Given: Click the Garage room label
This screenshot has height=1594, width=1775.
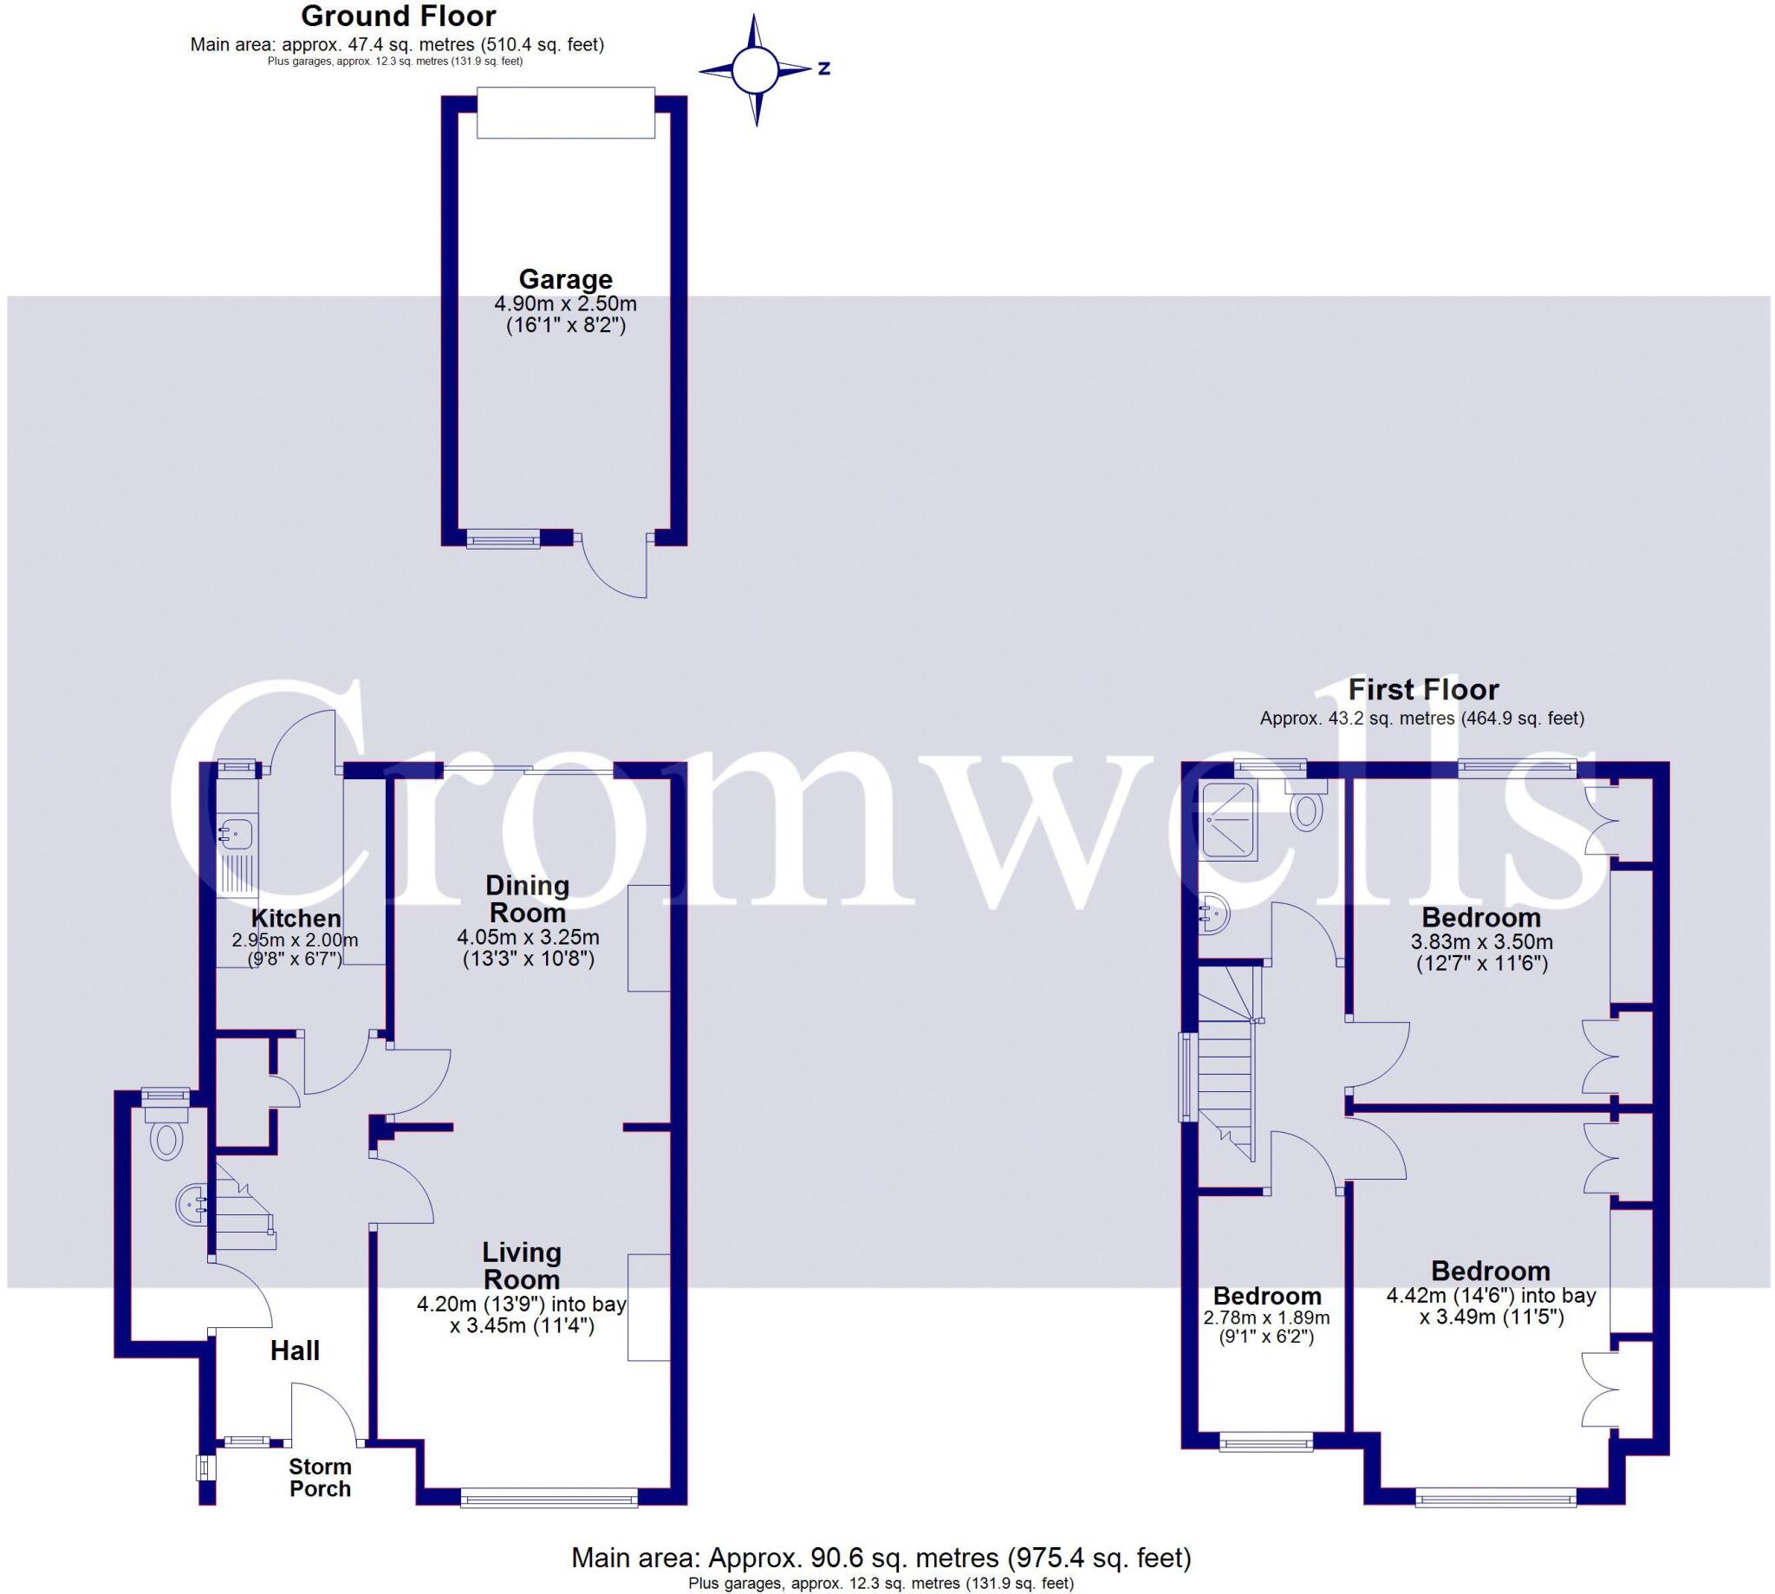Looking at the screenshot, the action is pyautogui.click(x=565, y=279).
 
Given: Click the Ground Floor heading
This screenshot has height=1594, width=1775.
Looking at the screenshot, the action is pyautogui.click(x=399, y=16).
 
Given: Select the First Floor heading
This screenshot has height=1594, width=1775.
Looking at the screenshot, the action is pyautogui.click(x=1423, y=689).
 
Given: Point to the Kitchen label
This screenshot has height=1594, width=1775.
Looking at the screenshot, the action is pyautogui.click(x=296, y=919).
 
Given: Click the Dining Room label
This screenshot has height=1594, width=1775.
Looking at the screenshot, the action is pyautogui.click(x=527, y=898).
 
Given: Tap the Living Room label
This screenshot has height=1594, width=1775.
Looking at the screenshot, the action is pyautogui.click(x=522, y=1265).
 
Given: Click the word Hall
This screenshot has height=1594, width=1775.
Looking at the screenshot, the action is pyautogui.click(x=295, y=1350).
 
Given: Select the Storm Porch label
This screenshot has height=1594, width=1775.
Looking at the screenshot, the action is pyautogui.click(x=321, y=1478).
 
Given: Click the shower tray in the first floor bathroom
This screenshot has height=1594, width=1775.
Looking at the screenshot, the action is pyautogui.click(x=1230, y=822).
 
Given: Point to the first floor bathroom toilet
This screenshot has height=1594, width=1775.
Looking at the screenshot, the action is pyautogui.click(x=1307, y=808).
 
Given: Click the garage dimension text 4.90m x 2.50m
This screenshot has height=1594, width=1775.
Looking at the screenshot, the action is pyautogui.click(x=565, y=305).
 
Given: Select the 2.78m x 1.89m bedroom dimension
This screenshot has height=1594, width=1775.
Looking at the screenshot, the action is pyautogui.click(x=1267, y=1317).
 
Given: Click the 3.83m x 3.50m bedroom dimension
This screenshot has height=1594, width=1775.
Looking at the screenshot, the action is pyautogui.click(x=1482, y=942).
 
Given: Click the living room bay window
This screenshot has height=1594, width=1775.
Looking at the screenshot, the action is pyautogui.click(x=550, y=1500).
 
